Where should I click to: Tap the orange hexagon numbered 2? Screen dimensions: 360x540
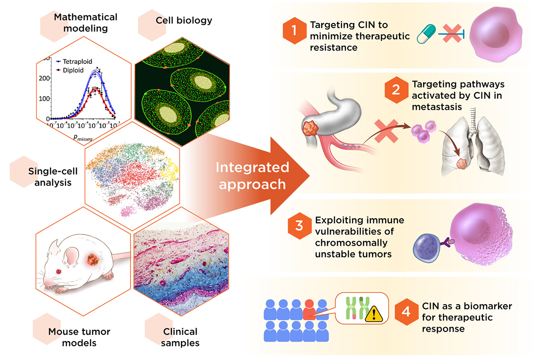[396, 90]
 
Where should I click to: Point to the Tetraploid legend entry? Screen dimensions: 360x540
[78, 62]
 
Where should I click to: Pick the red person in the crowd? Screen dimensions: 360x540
[309, 309]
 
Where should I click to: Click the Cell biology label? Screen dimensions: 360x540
[184, 20]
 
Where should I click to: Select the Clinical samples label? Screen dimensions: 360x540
[179, 337]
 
